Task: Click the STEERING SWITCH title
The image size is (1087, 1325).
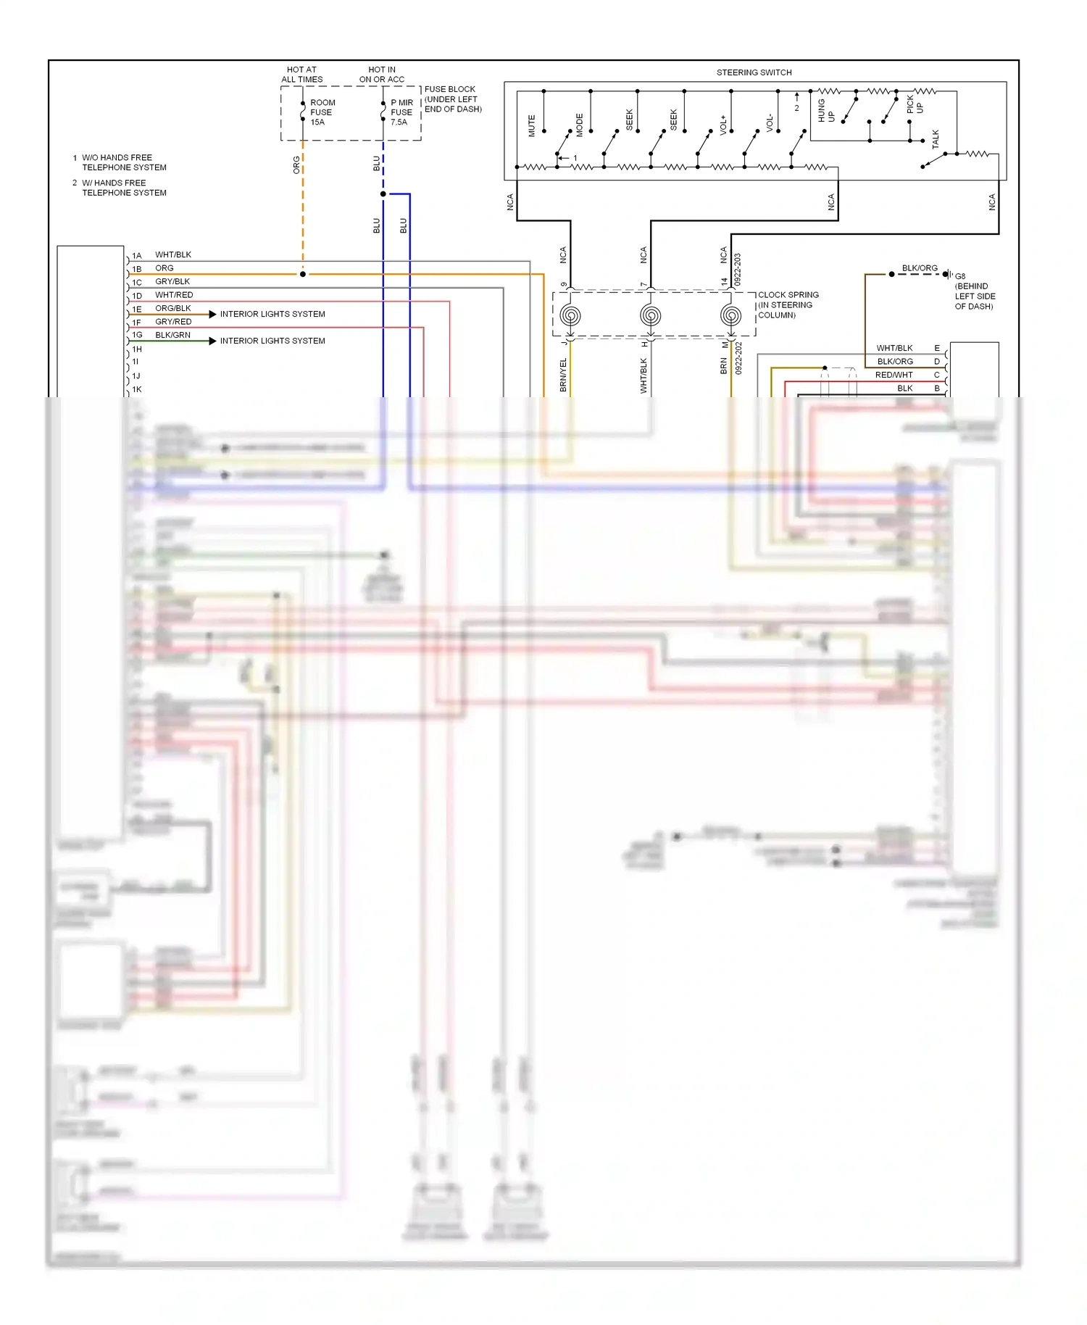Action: pyautogui.click(x=754, y=72)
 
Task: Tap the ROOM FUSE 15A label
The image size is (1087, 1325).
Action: pyautogui.click(x=322, y=112)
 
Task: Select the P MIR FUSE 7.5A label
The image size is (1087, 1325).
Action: pyautogui.click(x=401, y=112)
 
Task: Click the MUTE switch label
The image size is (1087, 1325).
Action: pyautogui.click(x=531, y=125)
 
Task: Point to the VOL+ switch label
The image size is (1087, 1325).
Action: pyautogui.click(x=723, y=125)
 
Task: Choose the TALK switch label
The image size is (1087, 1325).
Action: pyautogui.click(x=935, y=139)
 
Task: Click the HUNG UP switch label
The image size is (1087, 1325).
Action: pyautogui.click(x=825, y=111)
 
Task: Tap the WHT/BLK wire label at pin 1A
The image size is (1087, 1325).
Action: pyautogui.click(x=173, y=255)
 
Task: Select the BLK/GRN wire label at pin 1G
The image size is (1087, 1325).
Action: pyautogui.click(x=172, y=335)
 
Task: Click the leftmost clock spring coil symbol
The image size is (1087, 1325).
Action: pyautogui.click(x=570, y=316)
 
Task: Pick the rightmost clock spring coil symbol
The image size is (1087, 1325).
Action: pyautogui.click(x=730, y=316)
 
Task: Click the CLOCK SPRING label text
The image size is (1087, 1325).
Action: pyautogui.click(x=788, y=295)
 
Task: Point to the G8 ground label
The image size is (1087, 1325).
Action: pyautogui.click(x=960, y=276)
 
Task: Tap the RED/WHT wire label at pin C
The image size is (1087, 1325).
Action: pyautogui.click(x=894, y=375)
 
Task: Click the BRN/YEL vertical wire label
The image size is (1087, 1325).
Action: pyautogui.click(x=563, y=375)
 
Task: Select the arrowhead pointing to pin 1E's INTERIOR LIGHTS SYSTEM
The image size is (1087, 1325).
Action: pyautogui.click(x=212, y=314)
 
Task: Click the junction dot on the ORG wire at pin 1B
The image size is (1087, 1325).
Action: pyautogui.click(x=303, y=274)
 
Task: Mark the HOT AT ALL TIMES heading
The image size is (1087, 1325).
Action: pyautogui.click(x=301, y=75)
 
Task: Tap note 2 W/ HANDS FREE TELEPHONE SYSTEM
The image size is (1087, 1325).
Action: pyautogui.click(x=123, y=188)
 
